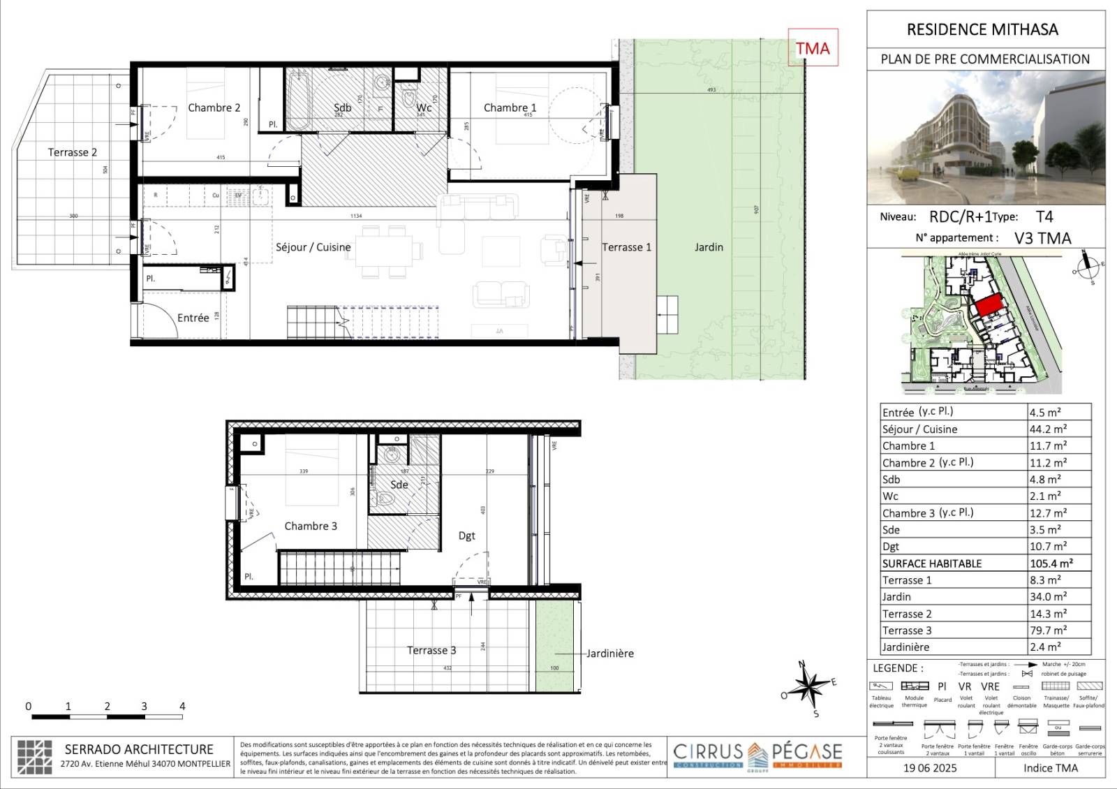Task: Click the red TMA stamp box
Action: pos(813,48)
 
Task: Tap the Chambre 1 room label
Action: pos(510,108)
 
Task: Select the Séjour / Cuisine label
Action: pos(313,247)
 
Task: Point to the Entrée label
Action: pos(193,318)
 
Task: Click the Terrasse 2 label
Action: pos(72,152)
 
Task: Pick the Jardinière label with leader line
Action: pos(609,654)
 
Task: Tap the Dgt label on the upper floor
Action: pos(466,536)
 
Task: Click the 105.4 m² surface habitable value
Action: pos(1051,563)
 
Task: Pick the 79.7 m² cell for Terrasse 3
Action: pos(1049,631)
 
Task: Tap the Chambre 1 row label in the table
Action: pos(908,445)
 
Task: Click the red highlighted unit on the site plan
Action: pos(988,305)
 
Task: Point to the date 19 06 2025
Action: pos(930,768)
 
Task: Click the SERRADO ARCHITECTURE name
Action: pos(139,749)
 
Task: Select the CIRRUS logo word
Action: pos(708,751)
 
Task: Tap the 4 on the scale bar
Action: pos(182,706)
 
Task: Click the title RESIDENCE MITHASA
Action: pos(982,29)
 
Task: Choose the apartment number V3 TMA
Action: pos(1042,238)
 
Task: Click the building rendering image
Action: pos(986,137)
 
